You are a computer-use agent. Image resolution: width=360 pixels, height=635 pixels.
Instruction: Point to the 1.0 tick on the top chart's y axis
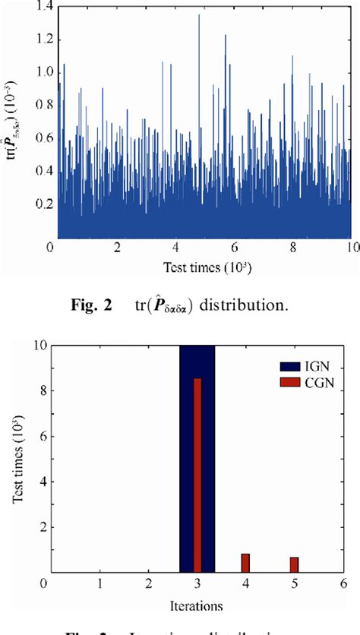pyautogui.click(x=38, y=73)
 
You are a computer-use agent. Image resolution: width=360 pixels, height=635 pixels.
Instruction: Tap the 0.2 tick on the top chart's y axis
pyautogui.click(x=38, y=205)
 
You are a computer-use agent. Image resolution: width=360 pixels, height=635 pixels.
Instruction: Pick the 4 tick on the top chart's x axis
pyautogui.click(x=176, y=248)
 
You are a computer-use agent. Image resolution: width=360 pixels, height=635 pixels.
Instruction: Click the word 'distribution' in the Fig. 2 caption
pyautogui.click(x=262, y=308)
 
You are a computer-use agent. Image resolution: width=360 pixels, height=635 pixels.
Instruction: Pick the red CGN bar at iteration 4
pyautogui.click(x=245, y=563)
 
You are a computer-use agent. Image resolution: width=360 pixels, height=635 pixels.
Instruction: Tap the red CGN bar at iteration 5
pyautogui.click(x=294, y=564)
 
